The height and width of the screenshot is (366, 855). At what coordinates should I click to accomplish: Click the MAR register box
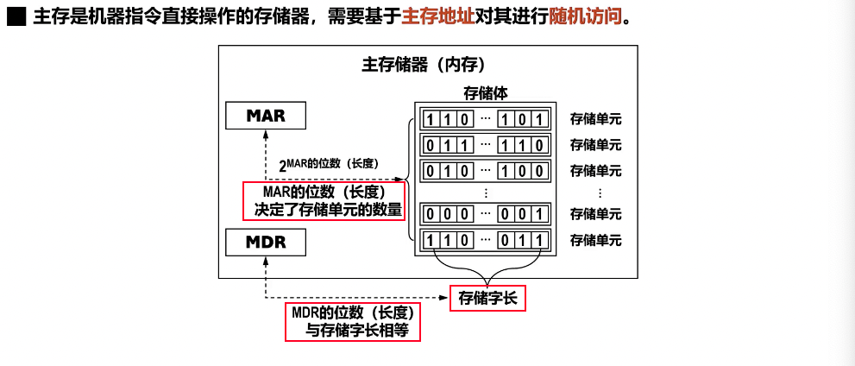pos(266,116)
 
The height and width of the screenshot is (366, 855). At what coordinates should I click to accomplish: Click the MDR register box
pos(266,243)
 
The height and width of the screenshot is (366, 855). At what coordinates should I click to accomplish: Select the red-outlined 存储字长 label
pos(487,299)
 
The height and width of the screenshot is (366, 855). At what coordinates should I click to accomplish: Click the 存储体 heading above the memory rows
pos(486,94)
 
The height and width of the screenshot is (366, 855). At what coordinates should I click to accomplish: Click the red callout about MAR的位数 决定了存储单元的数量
pos(324,200)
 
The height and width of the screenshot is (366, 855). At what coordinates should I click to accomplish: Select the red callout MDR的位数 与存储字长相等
pos(353,321)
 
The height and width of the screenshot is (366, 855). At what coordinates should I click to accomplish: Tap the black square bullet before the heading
pos(16,17)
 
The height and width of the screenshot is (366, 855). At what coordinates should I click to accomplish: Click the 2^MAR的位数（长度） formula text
pos(329,163)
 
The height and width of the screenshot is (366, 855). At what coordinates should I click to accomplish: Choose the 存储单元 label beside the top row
pos(595,119)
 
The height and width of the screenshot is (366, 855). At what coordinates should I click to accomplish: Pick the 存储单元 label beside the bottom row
pos(595,240)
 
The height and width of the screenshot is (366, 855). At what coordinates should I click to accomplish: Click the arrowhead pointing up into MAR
pos(266,134)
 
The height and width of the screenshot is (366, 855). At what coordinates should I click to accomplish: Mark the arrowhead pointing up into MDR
pos(266,261)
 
